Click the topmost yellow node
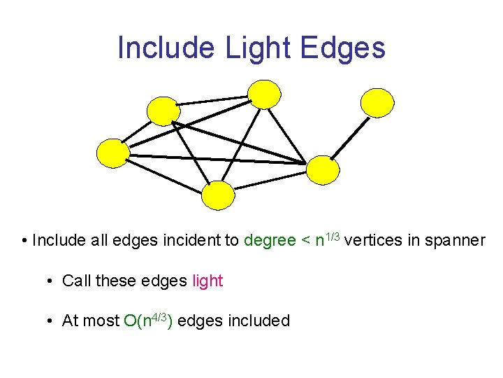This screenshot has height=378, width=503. point(265,94)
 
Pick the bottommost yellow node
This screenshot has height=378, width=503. point(218,195)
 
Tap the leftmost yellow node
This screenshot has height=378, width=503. point(112,153)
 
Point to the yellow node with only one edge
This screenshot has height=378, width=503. point(377,102)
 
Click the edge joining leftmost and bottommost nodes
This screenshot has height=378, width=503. point(165,174)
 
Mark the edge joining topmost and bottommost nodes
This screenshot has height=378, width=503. point(242,143)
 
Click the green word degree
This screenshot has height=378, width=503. point(270,241)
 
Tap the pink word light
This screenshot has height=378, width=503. point(207,281)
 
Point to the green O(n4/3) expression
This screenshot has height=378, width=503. point(148,321)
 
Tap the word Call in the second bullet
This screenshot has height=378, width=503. point(76,281)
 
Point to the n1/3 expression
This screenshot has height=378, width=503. point(327,240)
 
